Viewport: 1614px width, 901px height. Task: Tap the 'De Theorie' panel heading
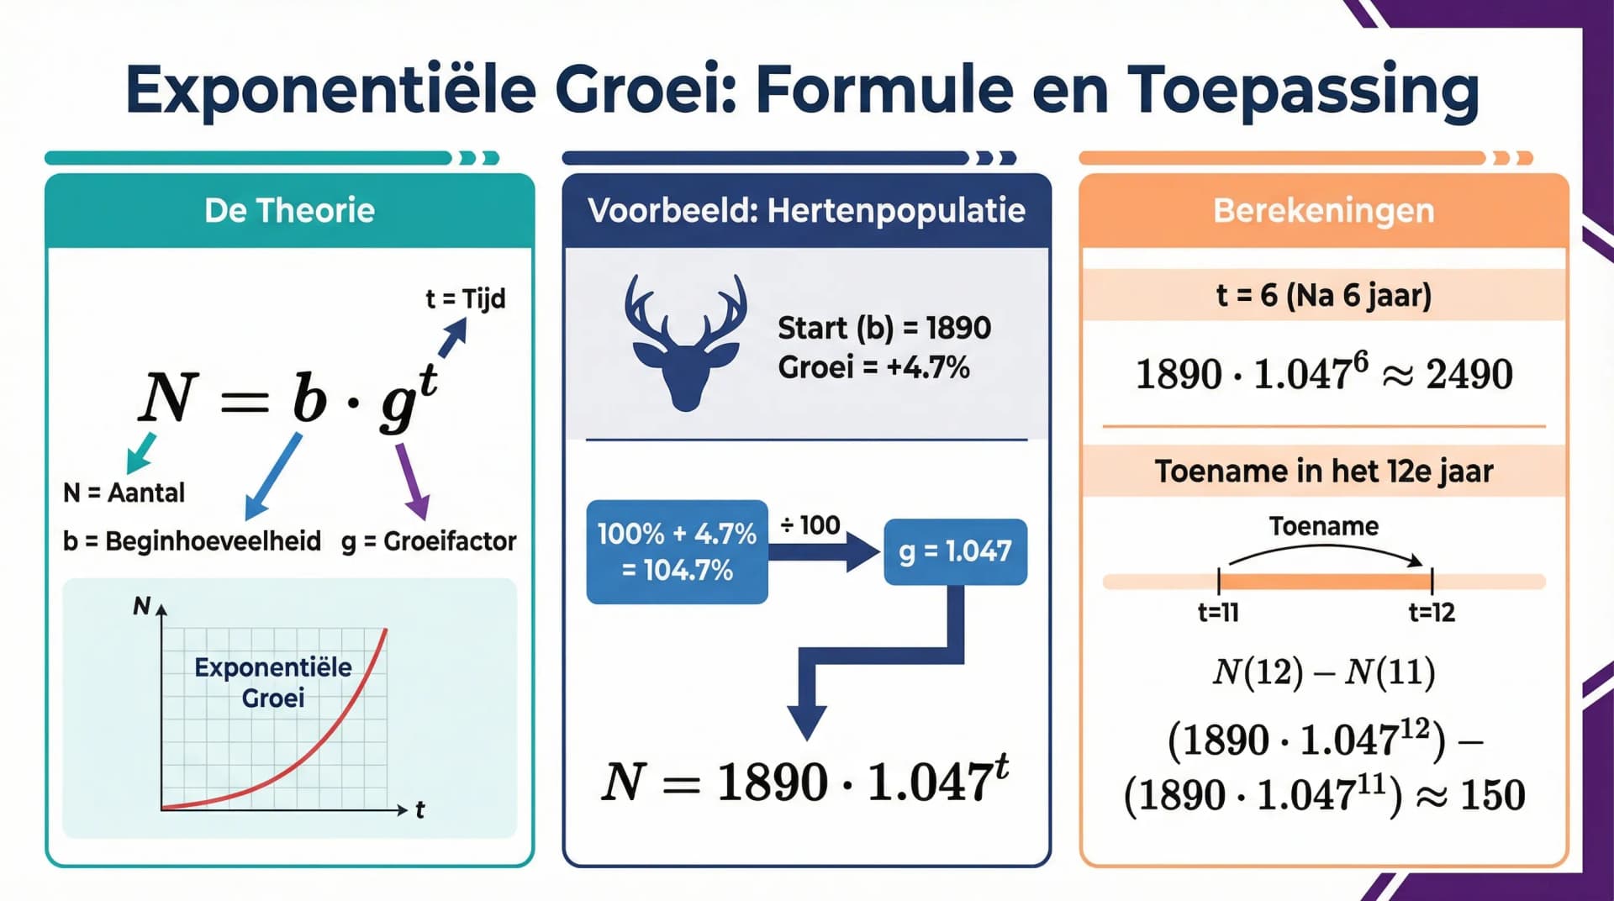[289, 210]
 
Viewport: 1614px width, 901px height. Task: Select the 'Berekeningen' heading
[1323, 210]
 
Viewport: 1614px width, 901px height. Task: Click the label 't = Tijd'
[465, 298]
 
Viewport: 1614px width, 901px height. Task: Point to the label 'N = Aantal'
[124, 493]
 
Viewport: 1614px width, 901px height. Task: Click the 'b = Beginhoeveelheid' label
[192, 540]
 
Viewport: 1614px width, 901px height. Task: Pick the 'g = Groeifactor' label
[429, 540]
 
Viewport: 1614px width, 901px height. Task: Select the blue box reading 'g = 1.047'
[955, 551]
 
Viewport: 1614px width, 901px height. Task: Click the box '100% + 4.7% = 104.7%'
[677, 551]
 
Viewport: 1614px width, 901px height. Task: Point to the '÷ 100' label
[810, 525]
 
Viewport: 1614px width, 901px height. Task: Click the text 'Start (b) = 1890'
[884, 328]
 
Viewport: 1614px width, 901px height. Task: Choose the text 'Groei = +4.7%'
[873, 367]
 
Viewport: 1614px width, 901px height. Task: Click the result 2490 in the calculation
[1469, 374]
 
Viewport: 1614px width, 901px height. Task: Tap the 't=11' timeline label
[1218, 612]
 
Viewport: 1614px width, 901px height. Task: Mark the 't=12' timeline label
[1432, 612]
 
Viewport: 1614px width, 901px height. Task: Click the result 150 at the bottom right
[1493, 795]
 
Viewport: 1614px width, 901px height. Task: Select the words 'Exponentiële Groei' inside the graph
[273, 682]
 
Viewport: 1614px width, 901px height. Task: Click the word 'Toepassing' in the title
[1303, 89]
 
